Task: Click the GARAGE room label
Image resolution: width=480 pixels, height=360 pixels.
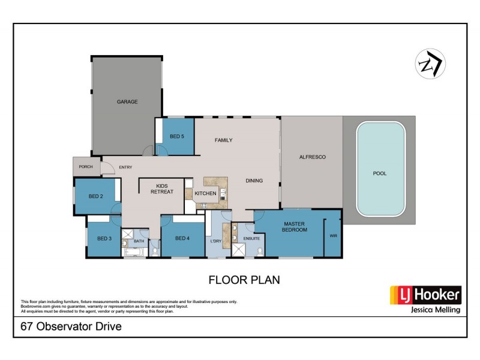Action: (127, 101)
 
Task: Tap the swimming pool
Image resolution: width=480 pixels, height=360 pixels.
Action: (381, 169)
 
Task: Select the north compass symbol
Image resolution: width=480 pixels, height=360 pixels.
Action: (430, 64)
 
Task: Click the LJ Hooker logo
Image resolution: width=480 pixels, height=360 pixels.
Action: (425, 295)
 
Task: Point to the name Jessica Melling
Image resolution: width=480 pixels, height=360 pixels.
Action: (436, 310)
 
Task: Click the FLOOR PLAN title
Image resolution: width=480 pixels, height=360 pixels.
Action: (244, 280)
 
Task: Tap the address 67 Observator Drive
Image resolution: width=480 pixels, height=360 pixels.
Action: (71, 326)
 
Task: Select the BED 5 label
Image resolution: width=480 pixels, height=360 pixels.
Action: (177, 136)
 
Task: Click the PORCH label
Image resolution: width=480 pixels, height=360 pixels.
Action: (86, 167)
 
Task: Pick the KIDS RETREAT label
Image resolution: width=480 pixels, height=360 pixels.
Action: (162, 188)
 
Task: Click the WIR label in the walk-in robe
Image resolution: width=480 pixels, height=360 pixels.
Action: (334, 236)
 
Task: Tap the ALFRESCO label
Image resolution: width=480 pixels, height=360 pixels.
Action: (312, 157)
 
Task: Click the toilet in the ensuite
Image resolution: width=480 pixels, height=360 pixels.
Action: (260, 251)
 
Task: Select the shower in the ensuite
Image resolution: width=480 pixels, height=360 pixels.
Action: (238, 250)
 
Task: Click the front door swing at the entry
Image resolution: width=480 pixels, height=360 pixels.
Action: (108, 167)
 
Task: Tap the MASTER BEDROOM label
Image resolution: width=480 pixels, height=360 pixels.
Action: (294, 227)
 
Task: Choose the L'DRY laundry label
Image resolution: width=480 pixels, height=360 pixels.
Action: (216, 241)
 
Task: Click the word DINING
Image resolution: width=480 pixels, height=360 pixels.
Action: (254, 181)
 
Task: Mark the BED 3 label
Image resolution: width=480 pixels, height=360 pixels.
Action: (104, 238)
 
